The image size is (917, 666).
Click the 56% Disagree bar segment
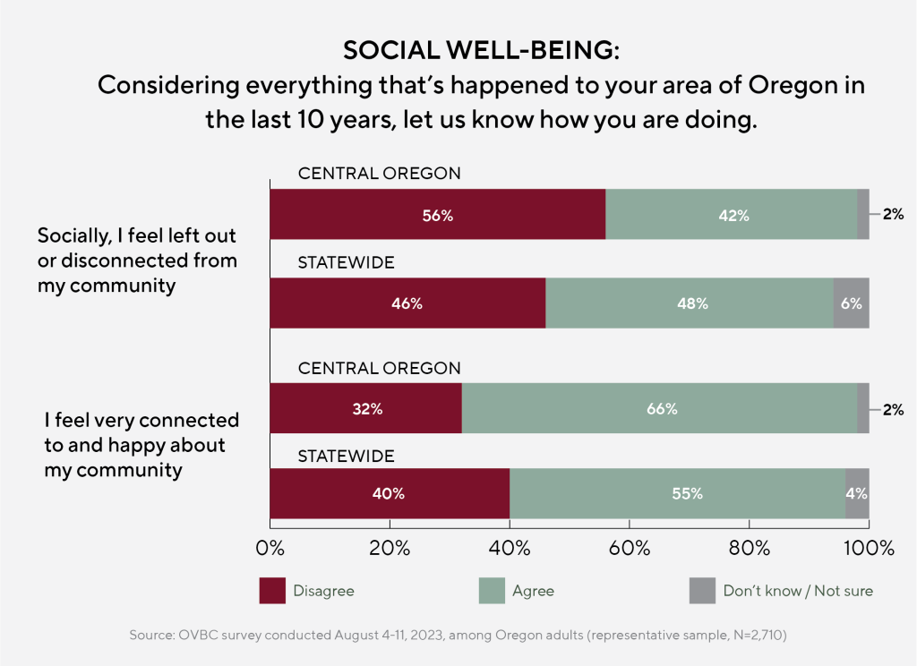click(437, 215)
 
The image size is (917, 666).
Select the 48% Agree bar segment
click(690, 303)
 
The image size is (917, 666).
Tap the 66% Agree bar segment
click(659, 409)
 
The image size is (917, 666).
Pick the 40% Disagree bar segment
click(390, 493)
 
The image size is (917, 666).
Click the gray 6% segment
click(851, 303)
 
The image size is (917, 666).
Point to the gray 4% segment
click(857, 493)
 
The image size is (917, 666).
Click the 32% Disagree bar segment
click(365, 409)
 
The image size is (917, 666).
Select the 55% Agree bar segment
click(678, 493)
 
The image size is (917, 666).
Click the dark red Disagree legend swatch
click(272, 591)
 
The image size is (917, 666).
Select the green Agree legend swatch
click(492, 591)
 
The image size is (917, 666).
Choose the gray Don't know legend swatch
click(702, 591)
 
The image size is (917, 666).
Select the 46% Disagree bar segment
click(407, 303)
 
